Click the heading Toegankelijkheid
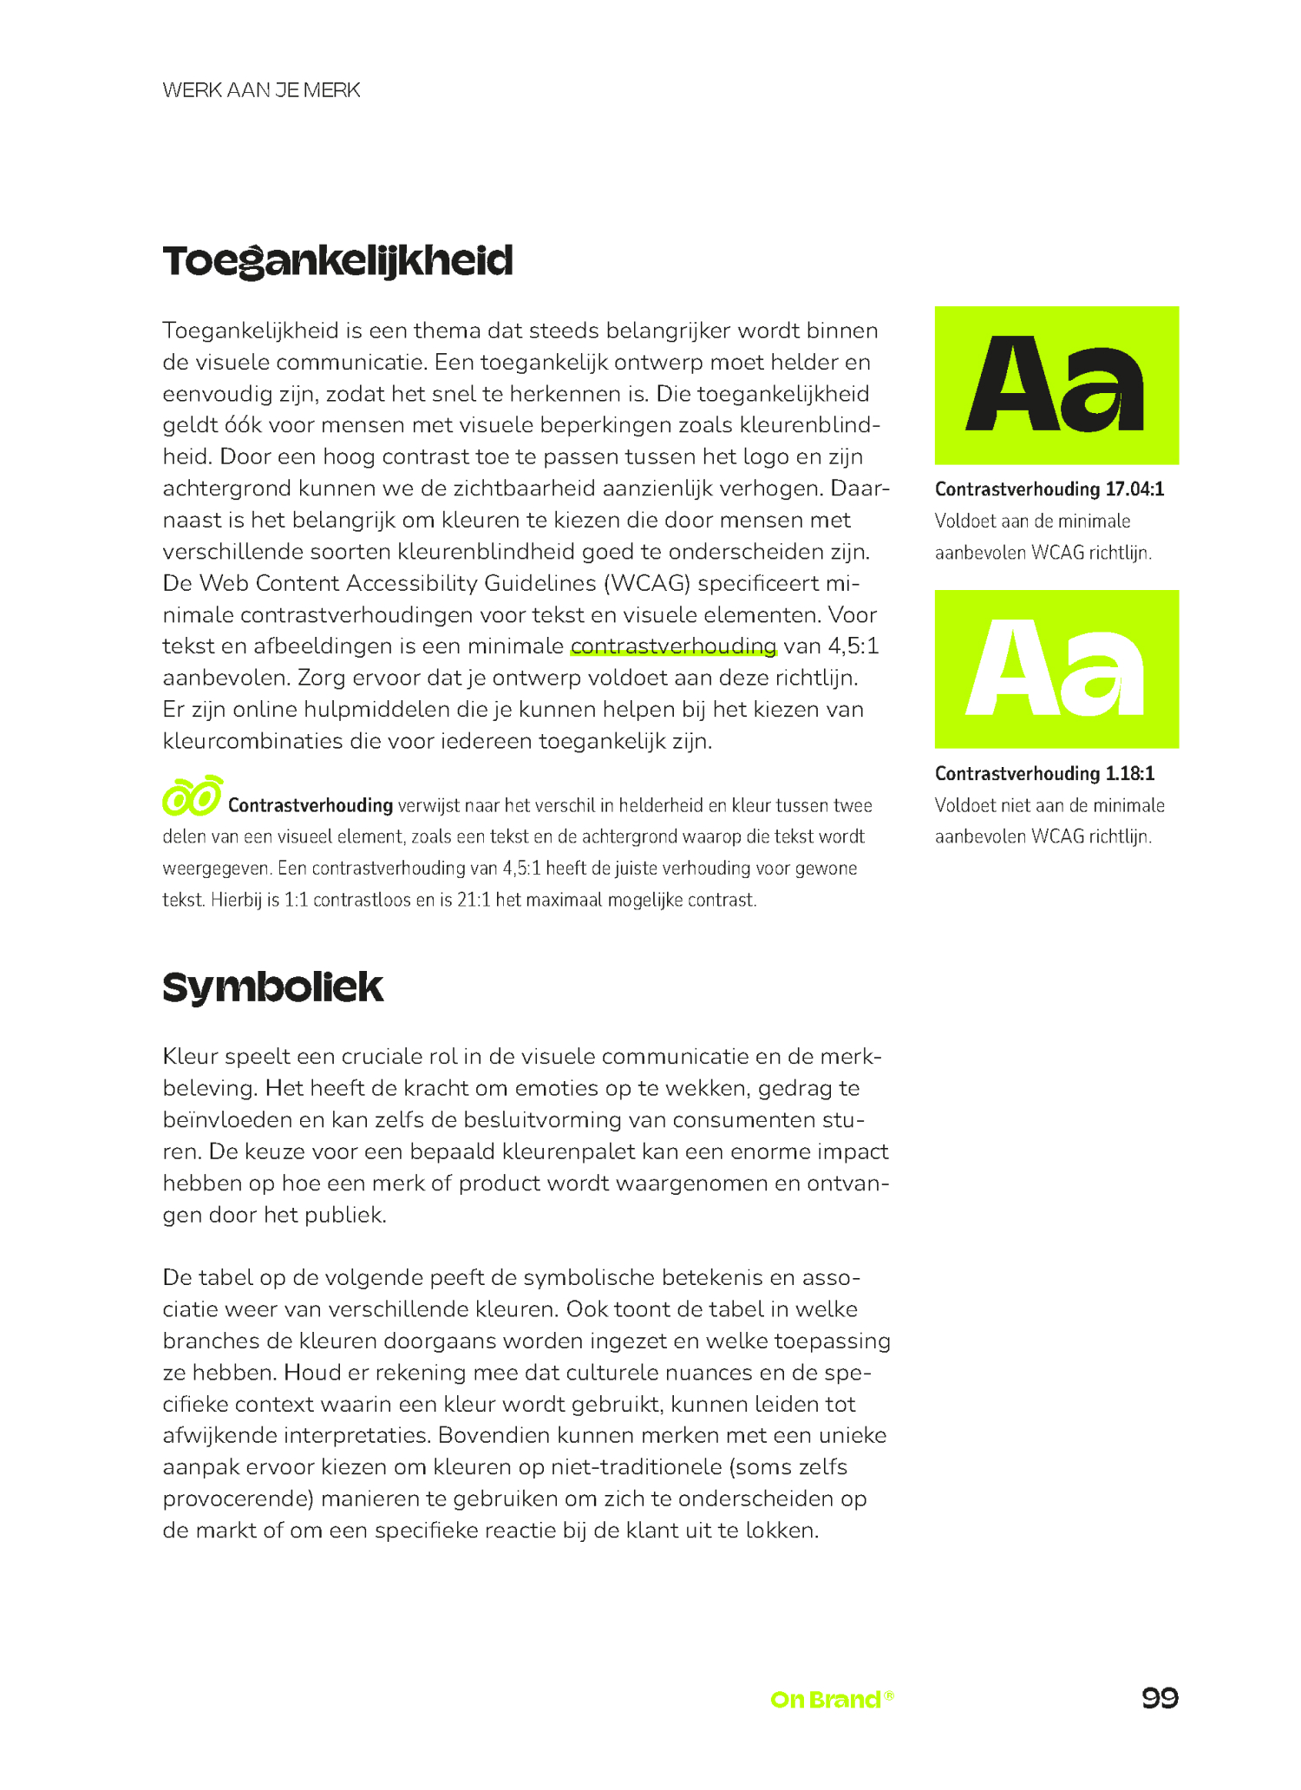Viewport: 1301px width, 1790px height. (x=337, y=261)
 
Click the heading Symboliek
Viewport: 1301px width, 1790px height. (x=272, y=987)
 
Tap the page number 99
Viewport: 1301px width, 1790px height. (x=1160, y=1698)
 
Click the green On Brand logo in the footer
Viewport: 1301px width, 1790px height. (x=831, y=1699)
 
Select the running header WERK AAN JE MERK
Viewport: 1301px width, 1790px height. (x=261, y=90)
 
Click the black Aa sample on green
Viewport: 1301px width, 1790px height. (x=1056, y=385)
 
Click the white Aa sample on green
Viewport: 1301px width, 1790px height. (x=1056, y=669)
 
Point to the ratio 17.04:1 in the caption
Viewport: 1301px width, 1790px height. (x=1134, y=489)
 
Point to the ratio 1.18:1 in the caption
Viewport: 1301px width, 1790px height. (x=1129, y=774)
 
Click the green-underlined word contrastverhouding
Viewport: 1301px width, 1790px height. (x=673, y=646)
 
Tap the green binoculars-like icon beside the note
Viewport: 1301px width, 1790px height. (x=192, y=796)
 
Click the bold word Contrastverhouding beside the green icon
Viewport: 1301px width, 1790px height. (x=311, y=805)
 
